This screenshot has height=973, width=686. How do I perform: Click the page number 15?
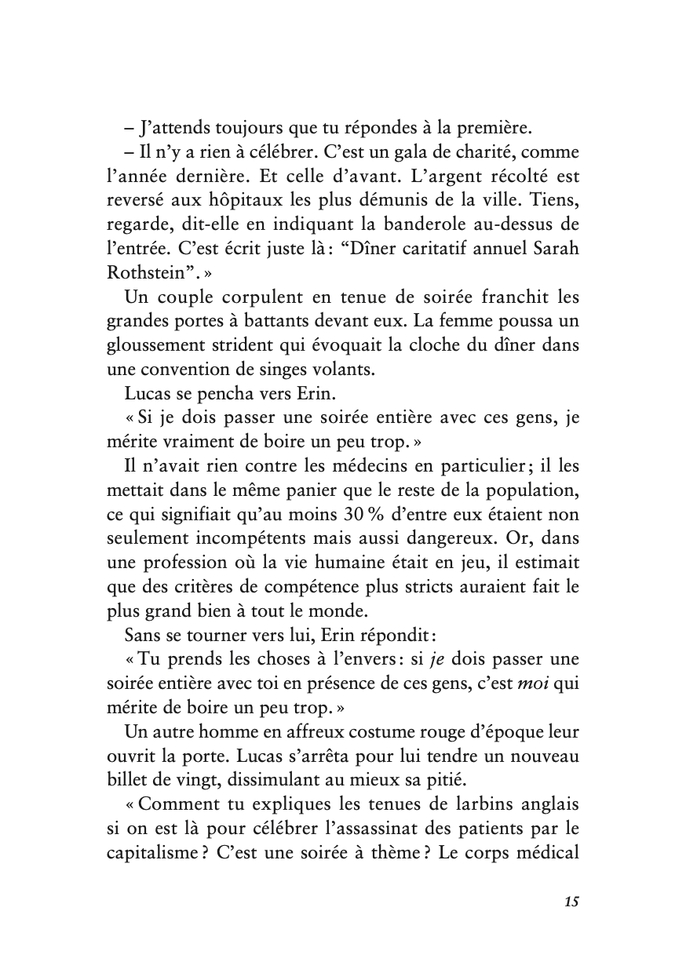pos(571,902)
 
